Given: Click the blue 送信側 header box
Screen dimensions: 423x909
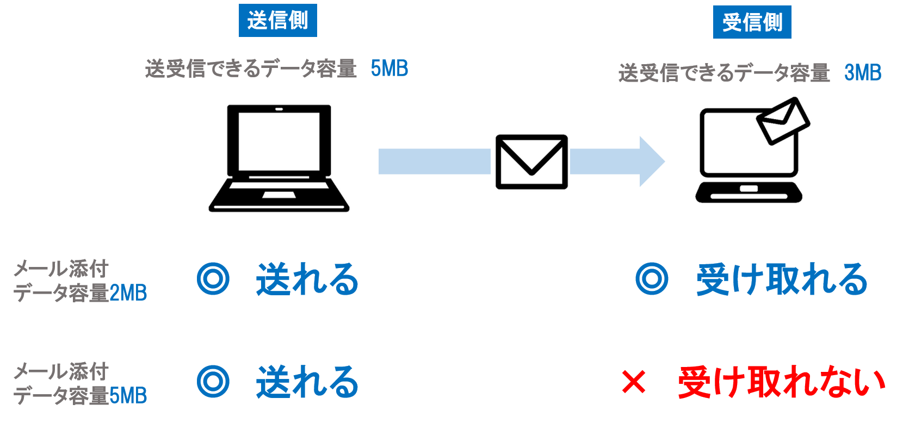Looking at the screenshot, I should [x=277, y=21].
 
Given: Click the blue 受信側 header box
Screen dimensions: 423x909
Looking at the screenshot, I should [x=752, y=22].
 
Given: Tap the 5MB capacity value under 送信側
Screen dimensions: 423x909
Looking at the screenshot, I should [x=389, y=69].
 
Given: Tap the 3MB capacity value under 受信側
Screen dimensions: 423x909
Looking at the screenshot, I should [x=862, y=73].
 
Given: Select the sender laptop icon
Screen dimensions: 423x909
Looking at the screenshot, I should [x=277, y=159].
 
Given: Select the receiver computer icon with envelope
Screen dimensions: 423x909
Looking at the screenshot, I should [x=752, y=150].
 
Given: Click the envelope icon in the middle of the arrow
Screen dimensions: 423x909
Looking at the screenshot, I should [x=530, y=161].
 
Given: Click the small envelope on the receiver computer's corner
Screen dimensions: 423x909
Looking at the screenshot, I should [x=782, y=121].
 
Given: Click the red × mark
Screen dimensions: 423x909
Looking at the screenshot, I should [x=633, y=382].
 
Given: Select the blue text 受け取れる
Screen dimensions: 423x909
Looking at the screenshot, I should [x=781, y=279].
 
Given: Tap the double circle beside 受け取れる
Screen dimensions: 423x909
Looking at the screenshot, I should [x=652, y=279].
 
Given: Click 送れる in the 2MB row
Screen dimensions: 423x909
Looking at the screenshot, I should [x=307, y=279].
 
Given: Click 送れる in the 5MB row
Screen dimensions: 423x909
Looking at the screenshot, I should [x=307, y=382].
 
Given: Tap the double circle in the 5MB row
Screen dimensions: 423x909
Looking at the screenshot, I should [x=213, y=382].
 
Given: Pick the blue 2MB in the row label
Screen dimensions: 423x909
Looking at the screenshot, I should [x=128, y=294].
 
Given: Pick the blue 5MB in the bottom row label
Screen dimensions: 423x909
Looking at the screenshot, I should [x=128, y=396].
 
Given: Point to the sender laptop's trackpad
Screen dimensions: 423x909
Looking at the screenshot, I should [x=279, y=195].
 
